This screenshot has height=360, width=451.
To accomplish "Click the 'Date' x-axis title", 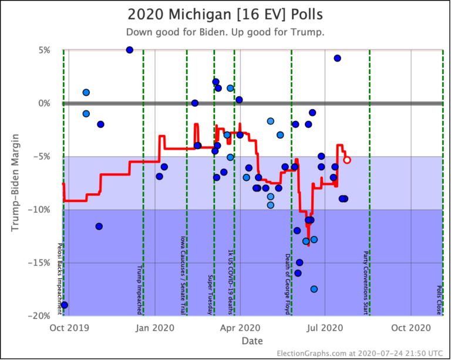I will (x=253, y=341).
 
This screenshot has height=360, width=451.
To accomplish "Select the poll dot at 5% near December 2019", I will (x=130, y=50).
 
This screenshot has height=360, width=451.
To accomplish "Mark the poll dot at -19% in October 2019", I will (x=65, y=305).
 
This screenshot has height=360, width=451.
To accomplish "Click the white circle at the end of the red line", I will (x=347, y=160).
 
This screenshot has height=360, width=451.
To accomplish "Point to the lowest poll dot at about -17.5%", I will (x=314, y=289).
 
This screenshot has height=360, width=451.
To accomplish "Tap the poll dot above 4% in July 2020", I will (x=337, y=58).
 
